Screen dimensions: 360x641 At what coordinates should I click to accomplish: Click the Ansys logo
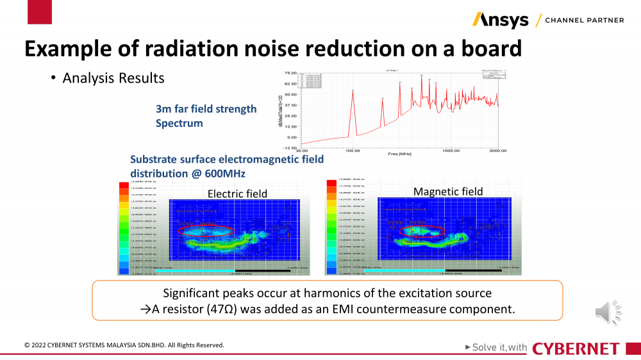(x=500, y=20)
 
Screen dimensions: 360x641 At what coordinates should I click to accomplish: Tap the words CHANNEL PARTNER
(x=584, y=20)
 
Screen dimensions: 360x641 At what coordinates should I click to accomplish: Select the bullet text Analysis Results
(x=113, y=78)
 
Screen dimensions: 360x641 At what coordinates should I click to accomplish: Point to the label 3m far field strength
(x=206, y=109)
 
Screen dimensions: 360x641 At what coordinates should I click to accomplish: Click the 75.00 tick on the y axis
(x=290, y=73)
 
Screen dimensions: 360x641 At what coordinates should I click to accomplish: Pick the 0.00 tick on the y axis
(x=292, y=137)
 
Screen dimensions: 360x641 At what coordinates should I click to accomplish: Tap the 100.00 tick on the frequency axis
(x=353, y=151)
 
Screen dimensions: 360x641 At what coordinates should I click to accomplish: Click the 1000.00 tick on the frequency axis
(x=451, y=151)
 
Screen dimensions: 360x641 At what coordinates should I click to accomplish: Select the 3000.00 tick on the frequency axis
(x=498, y=151)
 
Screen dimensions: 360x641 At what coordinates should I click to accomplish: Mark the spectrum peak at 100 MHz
(x=353, y=91)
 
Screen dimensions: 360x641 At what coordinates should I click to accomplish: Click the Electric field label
(x=237, y=193)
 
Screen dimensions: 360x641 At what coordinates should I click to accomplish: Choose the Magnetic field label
(x=448, y=192)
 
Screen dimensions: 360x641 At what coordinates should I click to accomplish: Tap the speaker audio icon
(x=608, y=312)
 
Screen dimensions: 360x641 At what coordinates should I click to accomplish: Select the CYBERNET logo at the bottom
(x=576, y=348)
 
